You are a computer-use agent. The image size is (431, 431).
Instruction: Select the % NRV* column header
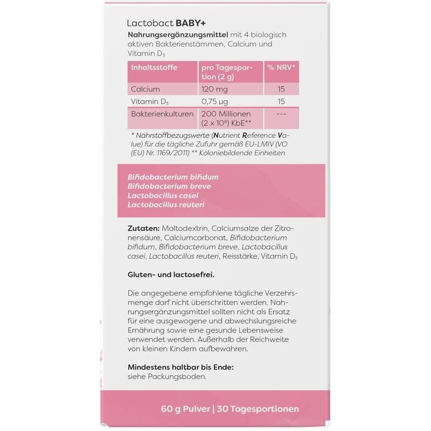pos(282,68)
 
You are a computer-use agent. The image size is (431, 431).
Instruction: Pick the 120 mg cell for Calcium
pos(214,88)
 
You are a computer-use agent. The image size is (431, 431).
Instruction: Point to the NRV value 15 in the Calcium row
pos(281,88)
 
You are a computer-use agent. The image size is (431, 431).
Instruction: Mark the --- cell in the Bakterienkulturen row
pos(281,115)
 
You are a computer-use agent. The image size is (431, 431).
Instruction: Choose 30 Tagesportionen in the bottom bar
pos(258,409)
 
